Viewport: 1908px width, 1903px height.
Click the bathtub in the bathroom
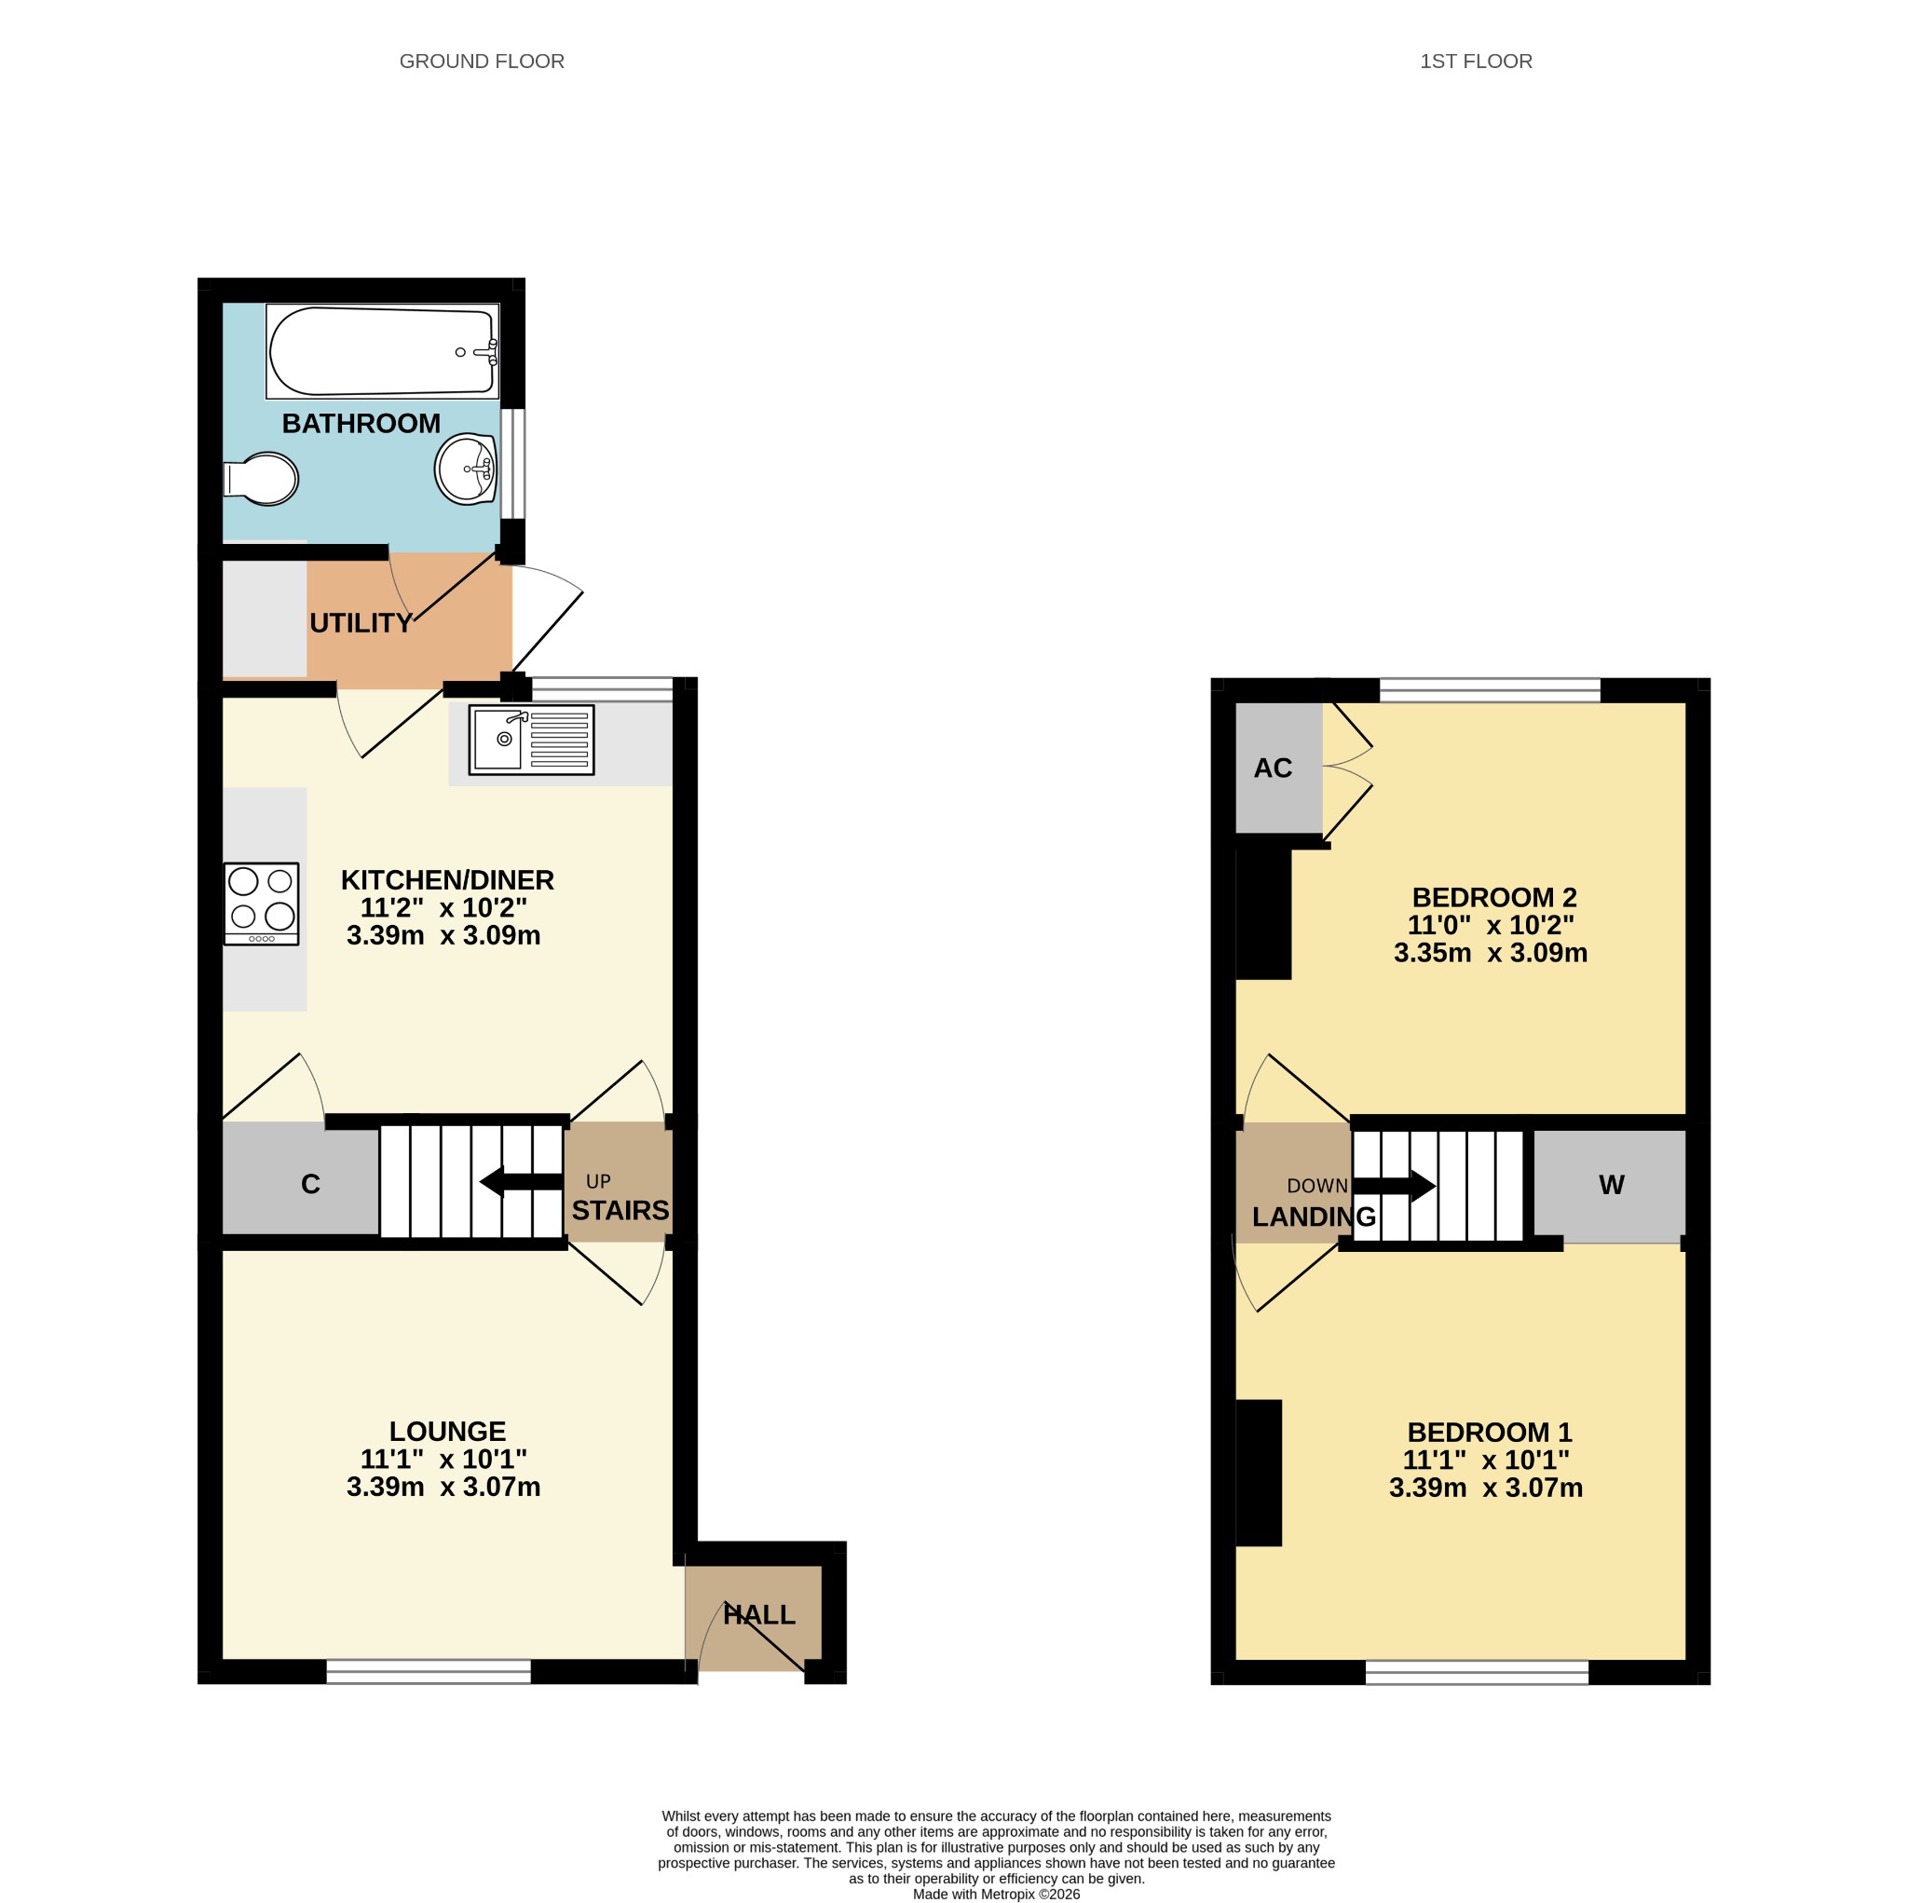(382, 351)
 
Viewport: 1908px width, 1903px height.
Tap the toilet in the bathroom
(261, 479)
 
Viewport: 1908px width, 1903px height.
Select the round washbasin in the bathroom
(466, 469)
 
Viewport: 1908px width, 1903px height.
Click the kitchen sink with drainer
(531, 740)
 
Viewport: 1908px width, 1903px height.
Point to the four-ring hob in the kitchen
(262, 904)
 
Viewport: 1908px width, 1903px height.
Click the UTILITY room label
(361, 623)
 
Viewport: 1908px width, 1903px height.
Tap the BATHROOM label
(361, 424)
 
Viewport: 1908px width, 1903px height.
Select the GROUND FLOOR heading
(482, 61)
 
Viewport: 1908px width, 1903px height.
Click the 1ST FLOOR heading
(1477, 61)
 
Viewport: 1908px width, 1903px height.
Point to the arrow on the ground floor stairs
(521, 1181)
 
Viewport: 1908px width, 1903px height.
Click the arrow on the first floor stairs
(1394, 1186)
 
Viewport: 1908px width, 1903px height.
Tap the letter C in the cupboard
(310, 1184)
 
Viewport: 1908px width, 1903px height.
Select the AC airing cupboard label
(1273, 768)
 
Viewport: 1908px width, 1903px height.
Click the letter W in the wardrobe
(1612, 1185)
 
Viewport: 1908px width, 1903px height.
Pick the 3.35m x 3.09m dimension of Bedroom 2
(1491, 953)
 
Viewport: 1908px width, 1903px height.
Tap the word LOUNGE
(447, 1432)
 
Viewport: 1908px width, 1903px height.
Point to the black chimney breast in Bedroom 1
(1260, 1473)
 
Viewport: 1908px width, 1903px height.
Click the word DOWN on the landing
(1317, 1186)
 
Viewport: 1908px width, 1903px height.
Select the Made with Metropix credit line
(997, 1894)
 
